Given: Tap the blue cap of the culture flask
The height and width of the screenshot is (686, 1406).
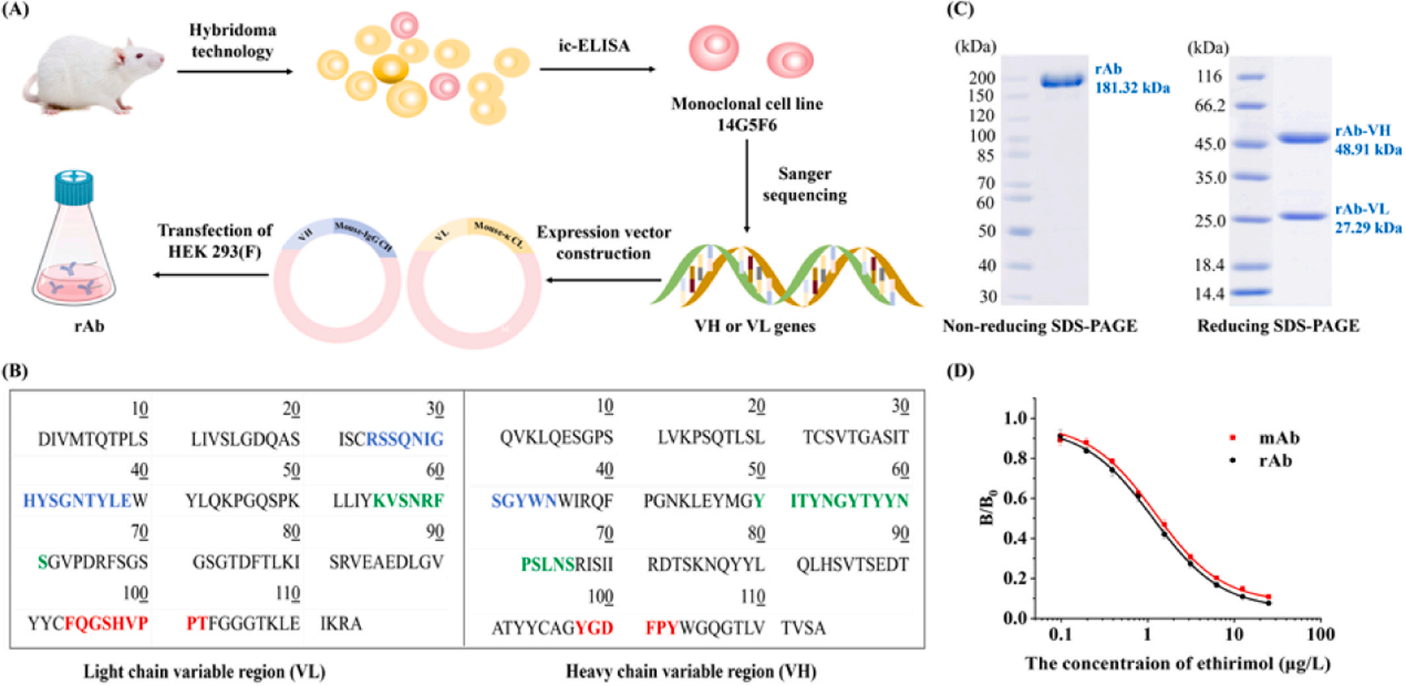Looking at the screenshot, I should coord(73,186).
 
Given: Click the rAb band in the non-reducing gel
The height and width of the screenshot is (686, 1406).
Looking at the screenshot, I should coord(1061,81).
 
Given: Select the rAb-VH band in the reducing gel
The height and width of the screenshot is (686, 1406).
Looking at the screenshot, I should coord(1302,138).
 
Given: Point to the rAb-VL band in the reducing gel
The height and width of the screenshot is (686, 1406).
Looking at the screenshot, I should coord(1302,216).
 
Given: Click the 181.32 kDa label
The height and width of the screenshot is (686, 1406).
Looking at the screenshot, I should coord(1132,88).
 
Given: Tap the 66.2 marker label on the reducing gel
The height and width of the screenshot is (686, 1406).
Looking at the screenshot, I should coord(1209,106).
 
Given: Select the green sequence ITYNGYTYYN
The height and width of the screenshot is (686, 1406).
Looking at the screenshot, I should coord(850,501).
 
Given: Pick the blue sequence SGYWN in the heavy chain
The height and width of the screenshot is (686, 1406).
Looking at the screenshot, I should coord(523,501).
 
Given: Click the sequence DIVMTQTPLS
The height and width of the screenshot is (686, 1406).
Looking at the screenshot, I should coord(93,439).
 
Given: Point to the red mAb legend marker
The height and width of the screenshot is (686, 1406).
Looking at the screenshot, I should coord(1233,438).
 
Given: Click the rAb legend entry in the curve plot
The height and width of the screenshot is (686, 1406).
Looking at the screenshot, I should coord(1274,460).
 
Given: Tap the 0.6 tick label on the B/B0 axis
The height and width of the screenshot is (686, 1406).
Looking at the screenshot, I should coord(1015,498).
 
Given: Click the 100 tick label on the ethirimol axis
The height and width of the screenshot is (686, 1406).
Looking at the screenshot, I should coord(1321,634).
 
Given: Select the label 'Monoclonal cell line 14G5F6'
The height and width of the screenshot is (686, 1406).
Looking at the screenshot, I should coord(747,114).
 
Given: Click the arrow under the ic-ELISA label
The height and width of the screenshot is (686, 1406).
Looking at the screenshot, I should coord(597,69).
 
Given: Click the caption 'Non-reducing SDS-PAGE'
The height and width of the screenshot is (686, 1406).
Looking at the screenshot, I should coord(1039,326).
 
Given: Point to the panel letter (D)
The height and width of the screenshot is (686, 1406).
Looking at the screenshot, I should coord(961,371).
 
